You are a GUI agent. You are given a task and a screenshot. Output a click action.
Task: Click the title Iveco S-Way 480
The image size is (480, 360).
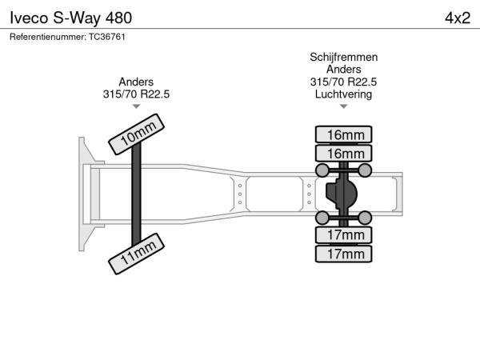point(70,18)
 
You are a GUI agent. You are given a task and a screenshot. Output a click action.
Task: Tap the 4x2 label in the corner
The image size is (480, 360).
point(458,18)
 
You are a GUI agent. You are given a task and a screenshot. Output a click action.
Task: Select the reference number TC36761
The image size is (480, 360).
point(107,37)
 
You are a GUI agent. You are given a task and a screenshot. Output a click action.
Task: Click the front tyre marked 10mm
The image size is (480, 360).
point(136,134)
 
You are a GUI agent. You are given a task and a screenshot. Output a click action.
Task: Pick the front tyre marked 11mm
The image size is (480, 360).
point(136,254)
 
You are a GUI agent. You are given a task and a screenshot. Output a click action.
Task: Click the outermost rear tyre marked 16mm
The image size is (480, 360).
point(343,134)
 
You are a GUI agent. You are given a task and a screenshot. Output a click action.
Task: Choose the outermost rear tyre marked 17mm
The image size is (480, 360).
point(343,254)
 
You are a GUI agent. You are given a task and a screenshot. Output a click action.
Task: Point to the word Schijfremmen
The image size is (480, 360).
point(343,58)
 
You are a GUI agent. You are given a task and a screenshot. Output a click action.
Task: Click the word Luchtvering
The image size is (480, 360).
point(343,94)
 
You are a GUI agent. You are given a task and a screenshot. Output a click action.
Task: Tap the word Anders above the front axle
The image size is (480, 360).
point(136,82)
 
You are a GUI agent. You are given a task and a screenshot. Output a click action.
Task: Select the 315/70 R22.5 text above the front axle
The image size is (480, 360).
point(136,94)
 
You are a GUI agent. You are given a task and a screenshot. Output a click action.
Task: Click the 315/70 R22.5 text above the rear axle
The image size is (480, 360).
point(343,82)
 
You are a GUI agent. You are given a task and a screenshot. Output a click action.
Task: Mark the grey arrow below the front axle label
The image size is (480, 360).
point(136,106)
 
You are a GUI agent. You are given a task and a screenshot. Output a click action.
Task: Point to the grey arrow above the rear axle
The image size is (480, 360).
point(343,106)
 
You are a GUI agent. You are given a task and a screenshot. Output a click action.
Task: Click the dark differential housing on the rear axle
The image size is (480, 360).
point(342,194)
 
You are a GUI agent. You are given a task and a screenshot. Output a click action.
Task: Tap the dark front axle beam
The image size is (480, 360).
point(136,194)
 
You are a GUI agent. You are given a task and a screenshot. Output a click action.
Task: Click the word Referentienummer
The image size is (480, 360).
point(48,37)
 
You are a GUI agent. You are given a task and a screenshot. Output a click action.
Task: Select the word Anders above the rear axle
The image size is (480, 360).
point(343,69)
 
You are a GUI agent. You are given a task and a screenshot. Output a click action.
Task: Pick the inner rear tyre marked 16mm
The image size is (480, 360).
point(343,153)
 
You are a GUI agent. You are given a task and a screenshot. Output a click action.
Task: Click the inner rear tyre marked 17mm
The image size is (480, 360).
point(343,235)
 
